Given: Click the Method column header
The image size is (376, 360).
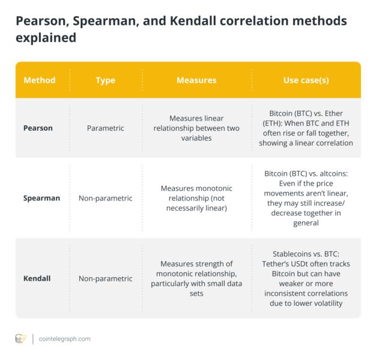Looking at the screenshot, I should click(x=39, y=80).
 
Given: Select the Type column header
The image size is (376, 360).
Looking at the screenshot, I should click(x=105, y=80).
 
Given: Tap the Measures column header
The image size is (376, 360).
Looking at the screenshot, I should click(x=196, y=80).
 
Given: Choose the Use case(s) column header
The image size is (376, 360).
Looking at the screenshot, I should click(x=306, y=80).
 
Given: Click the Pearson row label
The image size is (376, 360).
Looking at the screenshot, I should click(x=37, y=128).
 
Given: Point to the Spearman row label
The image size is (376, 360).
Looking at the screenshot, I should click(x=41, y=197).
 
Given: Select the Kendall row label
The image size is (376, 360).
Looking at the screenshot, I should click(x=37, y=278).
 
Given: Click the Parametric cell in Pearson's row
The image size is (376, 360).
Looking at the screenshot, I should click(x=106, y=128).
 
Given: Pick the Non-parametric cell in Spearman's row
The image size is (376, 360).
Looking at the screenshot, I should click(x=106, y=197).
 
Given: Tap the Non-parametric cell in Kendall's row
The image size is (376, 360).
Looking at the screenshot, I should click(x=106, y=278).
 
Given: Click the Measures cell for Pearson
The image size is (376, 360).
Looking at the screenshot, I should click(x=196, y=128).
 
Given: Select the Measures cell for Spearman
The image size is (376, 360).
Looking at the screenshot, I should click(x=196, y=197).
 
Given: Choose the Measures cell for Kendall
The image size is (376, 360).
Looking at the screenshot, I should click(x=196, y=278).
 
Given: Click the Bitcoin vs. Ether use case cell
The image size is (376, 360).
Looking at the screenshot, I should click(x=306, y=128).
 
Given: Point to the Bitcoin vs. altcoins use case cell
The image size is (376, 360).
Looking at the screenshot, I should click(x=306, y=197).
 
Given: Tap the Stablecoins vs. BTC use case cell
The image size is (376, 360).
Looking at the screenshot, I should click(x=306, y=278).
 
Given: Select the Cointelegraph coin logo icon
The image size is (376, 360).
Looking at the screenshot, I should click(x=20, y=339).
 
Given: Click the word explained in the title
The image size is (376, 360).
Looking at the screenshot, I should click(x=46, y=38).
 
